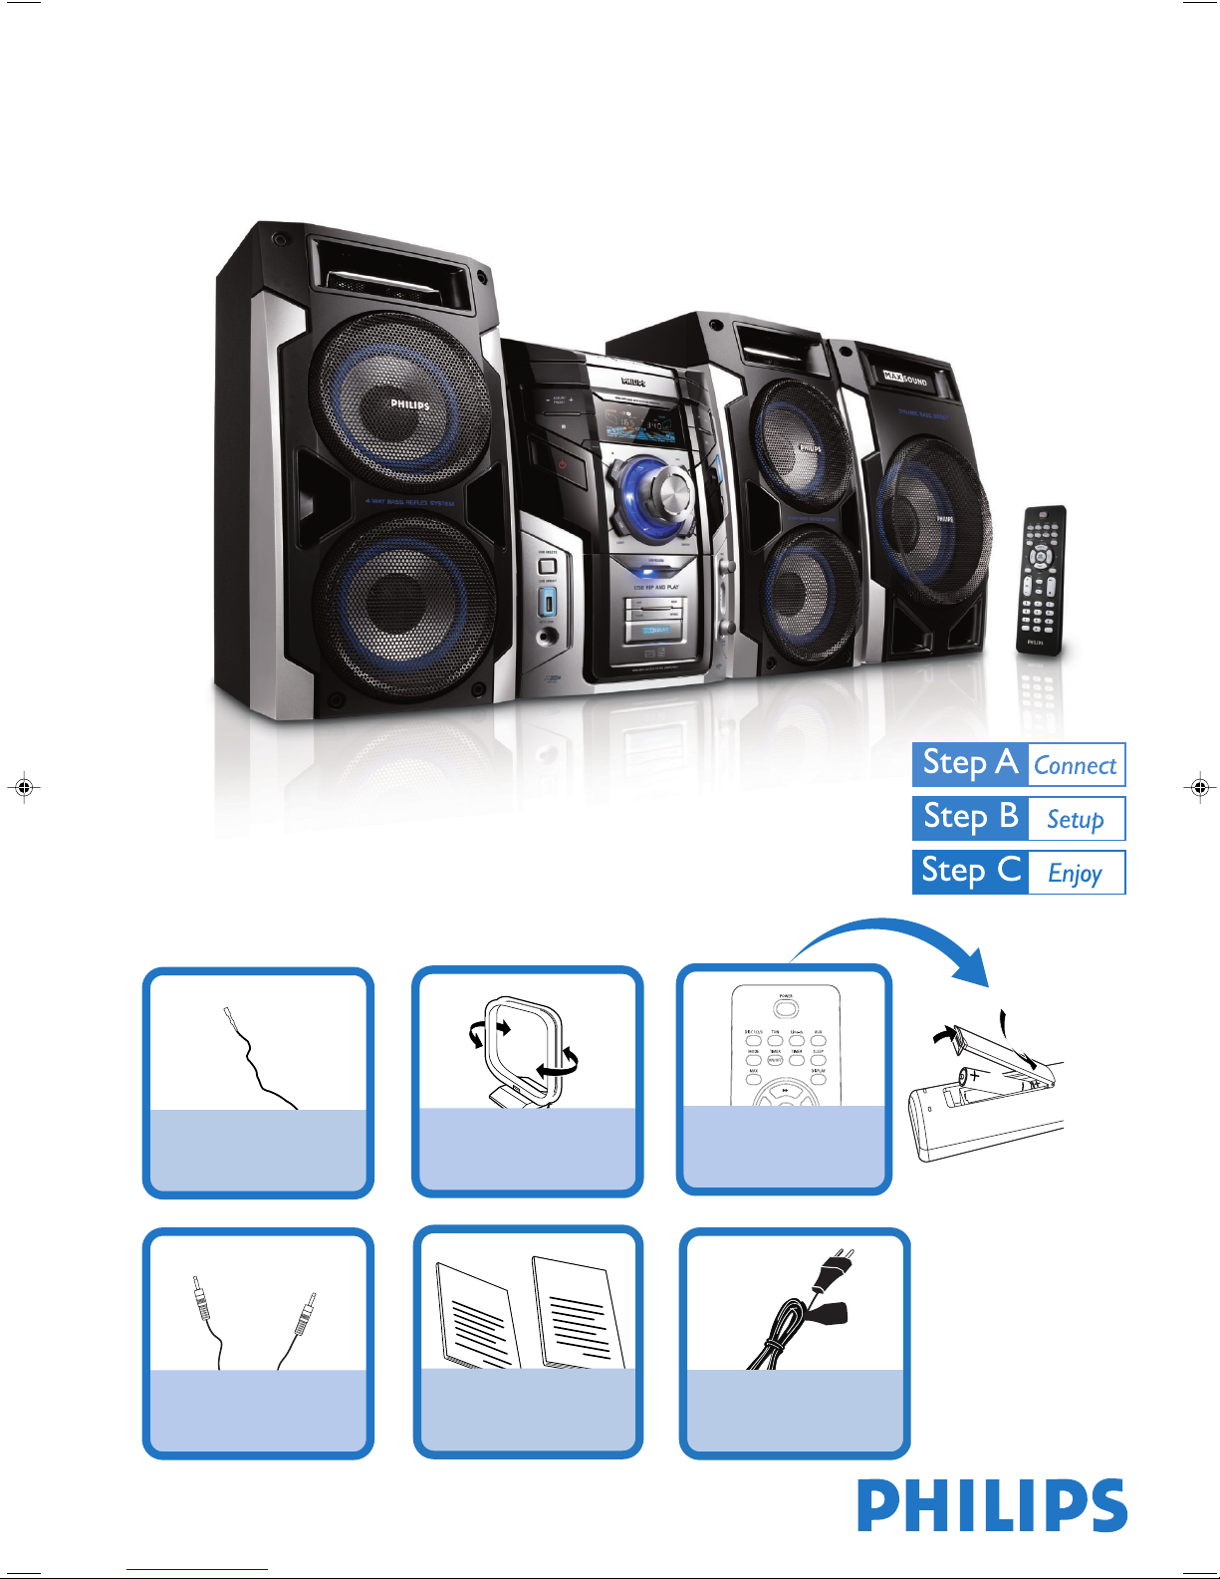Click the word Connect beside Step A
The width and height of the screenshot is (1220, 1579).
pyautogui.click(x=1075, y=765)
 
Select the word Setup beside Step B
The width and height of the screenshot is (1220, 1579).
pyautogui.click(x=1075, y=819)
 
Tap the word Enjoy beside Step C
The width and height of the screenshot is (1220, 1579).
pyautogui.click(x=1075, y=873)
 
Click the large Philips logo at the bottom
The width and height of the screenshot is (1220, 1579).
pyautogui.click(x=992, y=1505)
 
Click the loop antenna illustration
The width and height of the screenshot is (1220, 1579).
pyautogui.click(x=524, y=1051)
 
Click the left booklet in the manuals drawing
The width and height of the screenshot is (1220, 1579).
pyautogui.click(x=478, y=1315)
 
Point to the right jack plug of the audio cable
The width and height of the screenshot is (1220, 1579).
pyautogui.click(x=305, y=1313)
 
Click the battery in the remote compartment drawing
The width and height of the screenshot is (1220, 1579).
pyautogui.click(x=996, y=1085)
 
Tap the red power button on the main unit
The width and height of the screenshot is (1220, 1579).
pyautogui.click(x=563, y=464)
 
